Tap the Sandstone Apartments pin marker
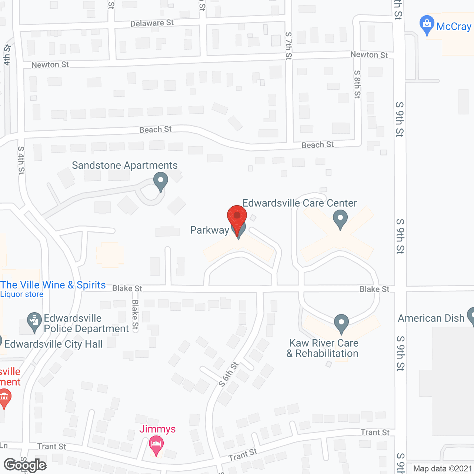[161, 182]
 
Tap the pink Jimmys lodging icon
[156, 445]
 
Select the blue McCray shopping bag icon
[427, 24]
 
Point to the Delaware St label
[152, 23]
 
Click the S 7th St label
[288, 46]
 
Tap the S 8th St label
[357, 84]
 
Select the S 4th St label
[21, 160]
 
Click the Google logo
[25, 465]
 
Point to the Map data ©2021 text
[443, 468]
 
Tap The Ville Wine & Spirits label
[53, 285]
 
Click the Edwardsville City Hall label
[53, 344]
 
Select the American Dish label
[431, 318]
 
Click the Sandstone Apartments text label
[125, 165]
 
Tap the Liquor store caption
[22, 294]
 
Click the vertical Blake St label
[135, 315]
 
